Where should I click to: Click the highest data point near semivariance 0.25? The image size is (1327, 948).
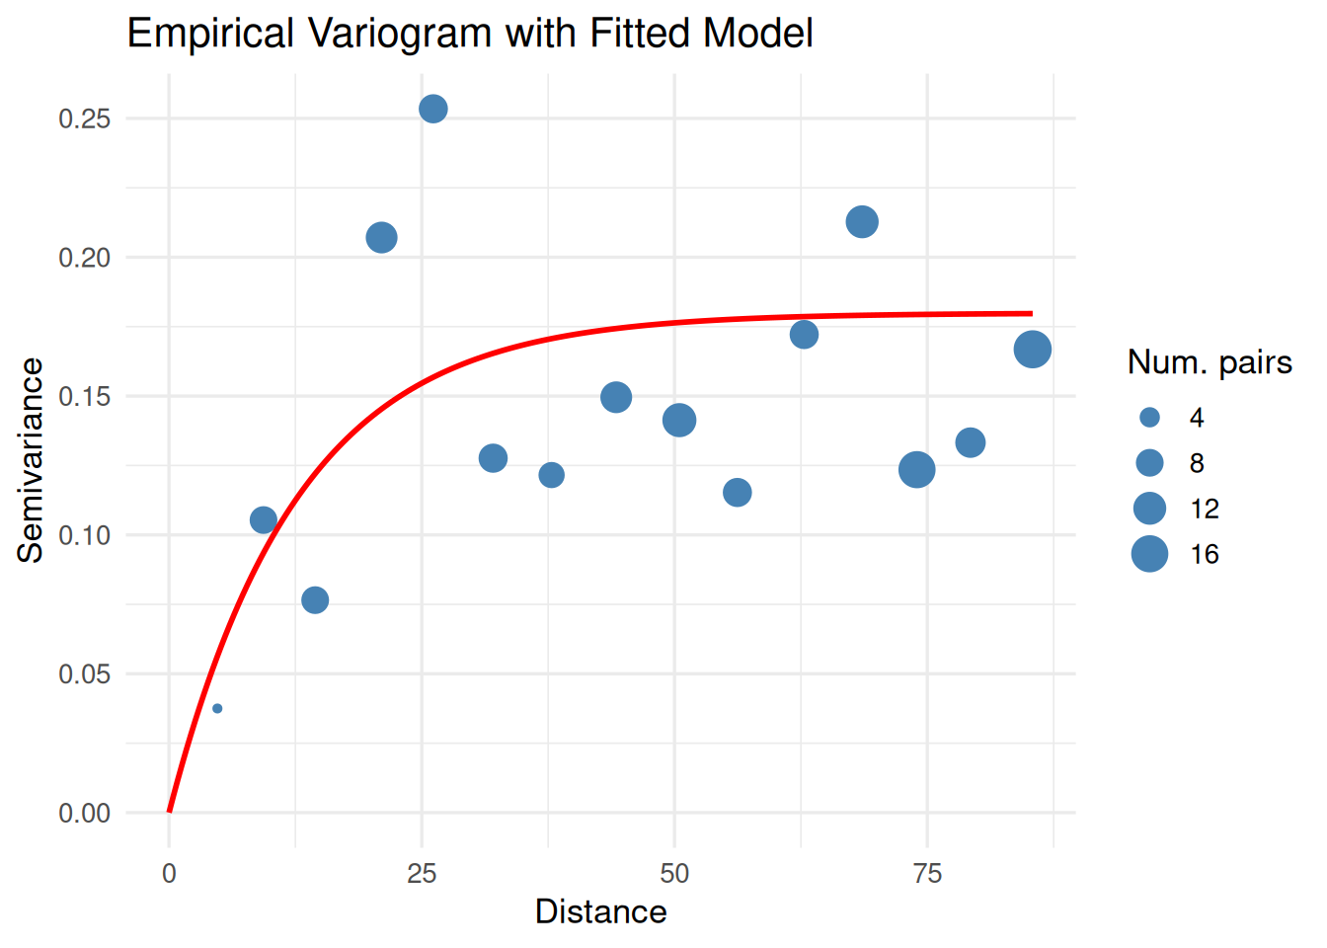(x=433, y=109)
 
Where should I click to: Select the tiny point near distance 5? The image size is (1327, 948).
(x=217, y=708)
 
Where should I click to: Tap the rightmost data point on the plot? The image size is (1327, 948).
(x=1032, y=350)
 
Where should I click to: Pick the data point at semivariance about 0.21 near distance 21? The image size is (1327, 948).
(x=381, y=238)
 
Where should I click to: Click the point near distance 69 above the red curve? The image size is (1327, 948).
(x=862, y=222)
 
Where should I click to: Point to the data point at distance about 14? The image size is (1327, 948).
(x=315, y=599)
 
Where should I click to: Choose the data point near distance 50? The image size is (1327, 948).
(x=678, y=420)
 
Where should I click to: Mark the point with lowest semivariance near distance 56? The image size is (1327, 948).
(x=738, y=492)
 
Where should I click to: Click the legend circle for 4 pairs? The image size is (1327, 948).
(x=1149, y=418)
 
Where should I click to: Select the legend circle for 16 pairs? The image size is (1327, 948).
(x=1149, y=554)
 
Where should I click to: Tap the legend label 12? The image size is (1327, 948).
(x=1205, y=509)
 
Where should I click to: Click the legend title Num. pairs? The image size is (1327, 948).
(x=1210, y=362)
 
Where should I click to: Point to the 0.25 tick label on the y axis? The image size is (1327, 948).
(x=84, y=118)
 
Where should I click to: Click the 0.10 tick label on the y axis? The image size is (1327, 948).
(x=84, y=535)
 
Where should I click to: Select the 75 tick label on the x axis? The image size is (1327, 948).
(x=927, y=873)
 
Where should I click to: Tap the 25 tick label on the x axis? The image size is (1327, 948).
(x=422, y=873)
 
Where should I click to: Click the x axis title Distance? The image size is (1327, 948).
(x=600, y=911)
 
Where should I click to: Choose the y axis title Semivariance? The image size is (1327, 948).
(x=31, y=460)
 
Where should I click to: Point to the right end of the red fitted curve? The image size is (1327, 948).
(x=1031, y=314)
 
